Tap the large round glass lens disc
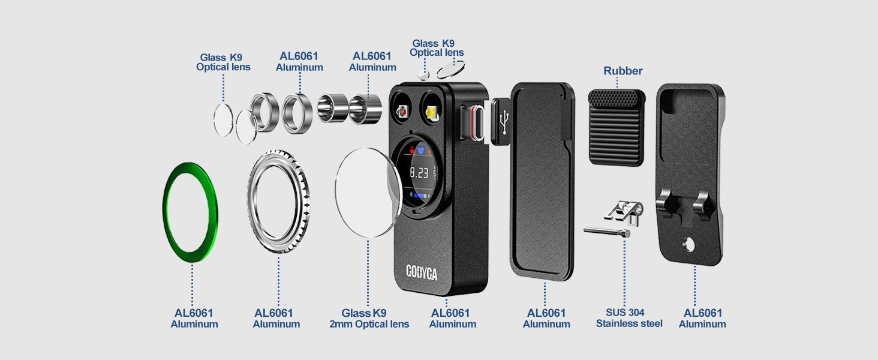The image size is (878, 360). [368, 193]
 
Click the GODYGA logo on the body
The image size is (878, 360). [422, 272]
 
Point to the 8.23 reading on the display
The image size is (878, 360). [419, 173]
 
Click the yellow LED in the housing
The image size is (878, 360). [431, 113]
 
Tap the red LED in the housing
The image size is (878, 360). [402, 112]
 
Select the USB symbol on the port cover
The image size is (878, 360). [505, 122]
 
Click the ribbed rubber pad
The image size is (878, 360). [616, 127]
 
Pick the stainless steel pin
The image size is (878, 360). [607, 232]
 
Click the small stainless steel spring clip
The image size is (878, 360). [624, 212]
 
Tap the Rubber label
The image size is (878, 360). [623, 71]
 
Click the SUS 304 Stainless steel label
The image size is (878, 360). [629, 318]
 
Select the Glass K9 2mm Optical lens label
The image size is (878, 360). [369, 319]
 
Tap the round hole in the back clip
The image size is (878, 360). [689, 245]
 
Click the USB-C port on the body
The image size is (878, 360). [478, 122]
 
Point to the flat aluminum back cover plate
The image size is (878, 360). [543, 182]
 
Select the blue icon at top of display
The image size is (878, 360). [420, 149]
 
